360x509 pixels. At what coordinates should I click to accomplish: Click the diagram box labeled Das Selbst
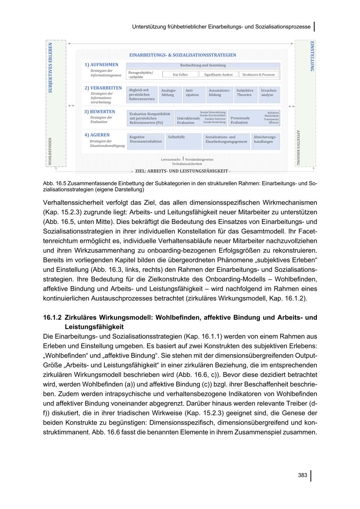click(x=180, y=75)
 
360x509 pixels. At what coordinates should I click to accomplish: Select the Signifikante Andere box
click(x=218, y=75)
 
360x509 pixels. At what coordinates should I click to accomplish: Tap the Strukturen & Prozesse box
click(x=258, y=75)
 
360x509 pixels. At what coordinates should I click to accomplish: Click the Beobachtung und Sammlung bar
click(x=203, y=65)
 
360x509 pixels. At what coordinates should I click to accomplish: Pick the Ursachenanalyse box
click(x=269, y=93)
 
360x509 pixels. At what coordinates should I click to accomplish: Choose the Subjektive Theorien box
click(x=245, y=93)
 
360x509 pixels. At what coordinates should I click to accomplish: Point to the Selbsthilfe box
click(x=184, y=141)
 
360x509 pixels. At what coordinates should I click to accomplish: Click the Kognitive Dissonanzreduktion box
click(x=145, y=141)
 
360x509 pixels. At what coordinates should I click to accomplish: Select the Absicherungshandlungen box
click(x=265, y=141)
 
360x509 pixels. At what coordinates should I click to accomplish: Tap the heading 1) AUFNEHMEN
click(x=102, y=65)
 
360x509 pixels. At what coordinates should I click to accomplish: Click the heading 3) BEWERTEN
click(x=100, y=112)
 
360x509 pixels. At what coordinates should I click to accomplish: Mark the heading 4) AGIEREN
click(x=97, y=135)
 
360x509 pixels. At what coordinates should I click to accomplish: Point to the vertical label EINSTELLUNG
click(x=312, y=56)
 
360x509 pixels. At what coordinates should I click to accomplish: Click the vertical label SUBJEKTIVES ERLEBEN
click(x=50, y=68)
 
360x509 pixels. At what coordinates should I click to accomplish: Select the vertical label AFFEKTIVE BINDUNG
click(x=298, y=148)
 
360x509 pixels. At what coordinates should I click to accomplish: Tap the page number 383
click(x=302, y=475)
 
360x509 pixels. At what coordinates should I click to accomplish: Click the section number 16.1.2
click(x=52, y=317)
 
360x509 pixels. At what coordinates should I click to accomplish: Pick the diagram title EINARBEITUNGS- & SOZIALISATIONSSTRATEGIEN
click(x=183, y=55)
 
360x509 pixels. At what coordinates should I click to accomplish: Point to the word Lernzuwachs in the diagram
click(x=171, y=159)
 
